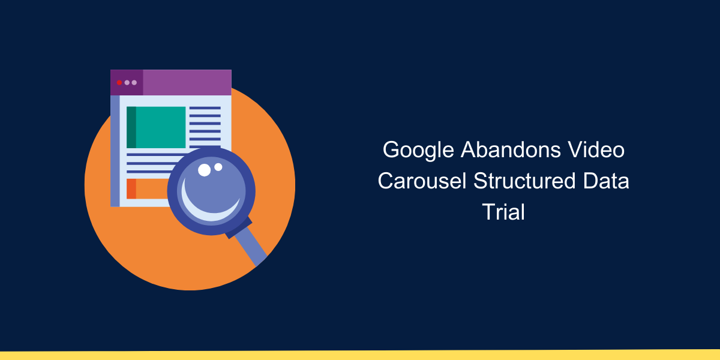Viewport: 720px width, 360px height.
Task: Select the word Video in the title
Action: coord(596,150)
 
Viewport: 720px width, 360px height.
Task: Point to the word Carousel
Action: coord(422,181)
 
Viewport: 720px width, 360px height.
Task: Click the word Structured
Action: coord(524,181)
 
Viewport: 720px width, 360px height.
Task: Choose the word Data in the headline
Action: coord(606,181)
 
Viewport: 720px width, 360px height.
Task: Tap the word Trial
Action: coord(503,211)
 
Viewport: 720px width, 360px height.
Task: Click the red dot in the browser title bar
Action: coord(119,83)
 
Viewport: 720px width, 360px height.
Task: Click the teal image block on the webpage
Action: coord(156,127)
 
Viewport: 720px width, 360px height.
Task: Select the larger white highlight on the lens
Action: coord(204,170)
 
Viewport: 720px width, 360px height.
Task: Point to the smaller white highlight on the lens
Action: coord(218,167)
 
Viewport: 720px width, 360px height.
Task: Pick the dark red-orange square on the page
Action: coord(131,188)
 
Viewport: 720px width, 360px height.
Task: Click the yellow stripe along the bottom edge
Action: coord(360,355)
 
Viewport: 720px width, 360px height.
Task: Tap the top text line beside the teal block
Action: coord(205,108)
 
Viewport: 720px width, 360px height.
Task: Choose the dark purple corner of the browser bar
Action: coord(127,83)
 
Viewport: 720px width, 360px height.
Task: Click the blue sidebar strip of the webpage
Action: coord(115,151)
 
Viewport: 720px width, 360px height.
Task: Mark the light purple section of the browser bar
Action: coord(187,83)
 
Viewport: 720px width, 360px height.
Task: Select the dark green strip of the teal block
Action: coord(131,127)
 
